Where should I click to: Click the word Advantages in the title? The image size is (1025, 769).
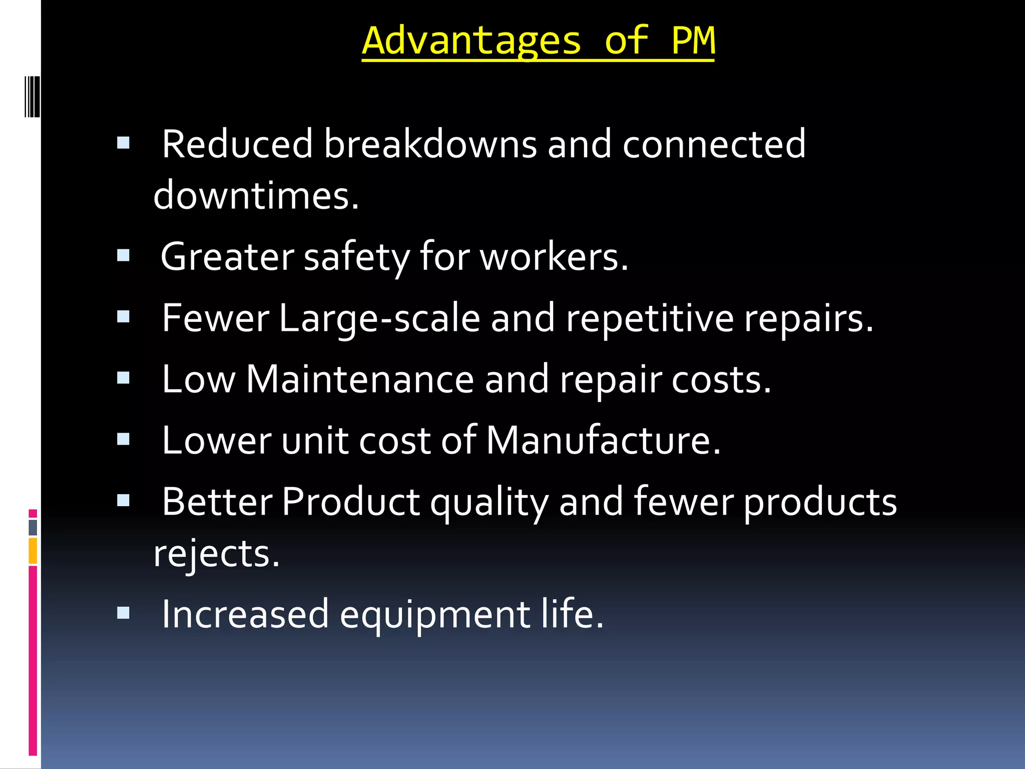point(471,41)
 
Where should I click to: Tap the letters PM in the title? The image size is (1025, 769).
point(693,41)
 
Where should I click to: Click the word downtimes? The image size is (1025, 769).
point(256,196)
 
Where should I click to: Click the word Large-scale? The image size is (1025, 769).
point(379,318)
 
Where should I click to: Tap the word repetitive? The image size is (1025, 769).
point(650,318)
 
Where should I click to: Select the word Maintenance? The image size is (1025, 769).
point(360,379)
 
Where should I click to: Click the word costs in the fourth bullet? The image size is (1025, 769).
point(721,379)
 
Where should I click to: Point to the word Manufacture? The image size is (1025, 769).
point(603,441)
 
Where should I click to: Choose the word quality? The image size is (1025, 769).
point(489,503)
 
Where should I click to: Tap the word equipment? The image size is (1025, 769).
point(435,615)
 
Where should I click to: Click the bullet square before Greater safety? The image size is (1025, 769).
point(123,256)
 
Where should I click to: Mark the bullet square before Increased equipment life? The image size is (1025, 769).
point(123,613)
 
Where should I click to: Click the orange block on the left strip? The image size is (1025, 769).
point(33,551)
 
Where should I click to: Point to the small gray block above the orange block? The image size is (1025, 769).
point(33,528)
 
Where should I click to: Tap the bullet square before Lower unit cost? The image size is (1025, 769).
point(123,439)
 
